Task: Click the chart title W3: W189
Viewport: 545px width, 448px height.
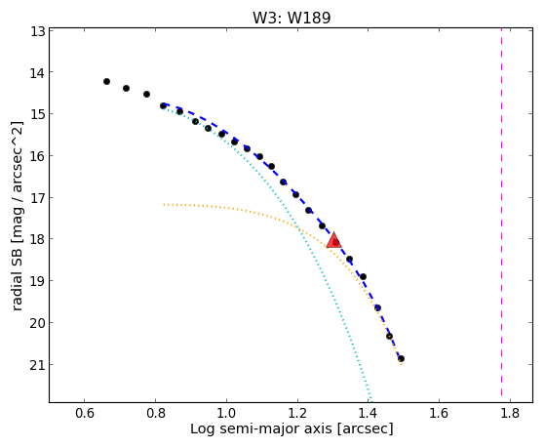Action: click(292, 18)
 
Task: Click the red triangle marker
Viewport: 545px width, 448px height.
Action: click(334, 240)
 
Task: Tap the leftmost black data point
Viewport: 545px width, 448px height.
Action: click(106, 81)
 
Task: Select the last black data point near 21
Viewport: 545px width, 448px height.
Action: click(401, 359)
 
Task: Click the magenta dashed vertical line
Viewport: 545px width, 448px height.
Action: click(501, 212)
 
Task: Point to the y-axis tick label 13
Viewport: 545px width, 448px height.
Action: click(38, 31)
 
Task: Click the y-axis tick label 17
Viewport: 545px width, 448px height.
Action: click(38, 198)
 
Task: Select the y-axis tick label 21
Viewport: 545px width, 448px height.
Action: click(38, 365)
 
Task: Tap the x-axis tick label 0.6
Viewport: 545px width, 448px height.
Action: click(85, 413)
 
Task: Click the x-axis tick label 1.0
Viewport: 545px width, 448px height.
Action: click(226, 413)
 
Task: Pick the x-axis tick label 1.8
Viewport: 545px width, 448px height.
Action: click(510, 413)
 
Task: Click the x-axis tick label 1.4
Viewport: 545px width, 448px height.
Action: click(369, 413)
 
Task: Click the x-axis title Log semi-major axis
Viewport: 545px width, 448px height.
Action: click(261, 428)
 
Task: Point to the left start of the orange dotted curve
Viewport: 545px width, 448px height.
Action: click(164, 205)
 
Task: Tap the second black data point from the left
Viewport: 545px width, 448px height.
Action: click(126, 89)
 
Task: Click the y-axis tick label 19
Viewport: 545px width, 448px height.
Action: click(38, 281)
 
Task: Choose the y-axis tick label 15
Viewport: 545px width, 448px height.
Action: click(38, 114)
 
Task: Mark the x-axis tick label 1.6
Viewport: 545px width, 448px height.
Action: click(440, 413)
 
